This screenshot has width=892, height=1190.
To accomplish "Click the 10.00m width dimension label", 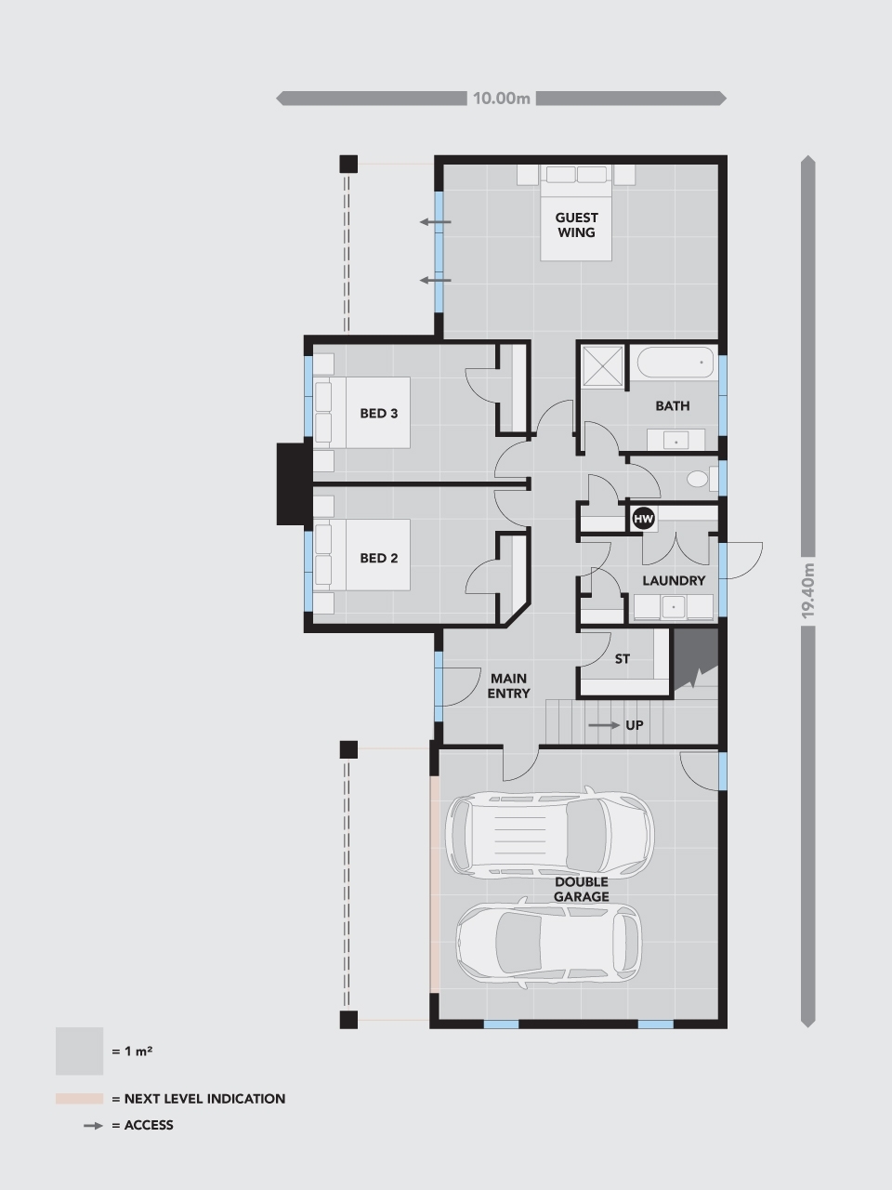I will click(x=501, y=98).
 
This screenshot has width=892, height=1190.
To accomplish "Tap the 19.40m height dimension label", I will click(x=807, y=590).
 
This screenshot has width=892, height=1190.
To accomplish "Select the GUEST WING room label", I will click(x=576, y=225).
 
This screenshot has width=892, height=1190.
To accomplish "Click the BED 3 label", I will click(x=378, y=413).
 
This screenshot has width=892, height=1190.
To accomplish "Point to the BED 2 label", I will click(x=378, y=558).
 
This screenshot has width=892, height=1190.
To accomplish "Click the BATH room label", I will click(x=672, y=405).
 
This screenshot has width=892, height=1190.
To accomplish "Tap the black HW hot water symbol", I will click(x=643, y=519).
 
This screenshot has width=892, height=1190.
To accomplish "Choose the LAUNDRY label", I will click(x=674, y=580).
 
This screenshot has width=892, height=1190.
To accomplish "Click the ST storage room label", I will click(x=622, y=658).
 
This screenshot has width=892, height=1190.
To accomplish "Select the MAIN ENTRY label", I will click(x=508, y=686).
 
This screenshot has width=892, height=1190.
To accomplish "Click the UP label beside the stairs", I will click(x=634, y=725).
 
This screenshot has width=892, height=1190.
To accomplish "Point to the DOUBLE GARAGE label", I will click(x=581, y=889).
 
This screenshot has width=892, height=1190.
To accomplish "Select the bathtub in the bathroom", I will click(x=674, y=362).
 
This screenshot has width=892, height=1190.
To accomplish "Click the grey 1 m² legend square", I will click(x=79, y=1051).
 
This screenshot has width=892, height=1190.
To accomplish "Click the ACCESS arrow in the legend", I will click(x=92, y=1125).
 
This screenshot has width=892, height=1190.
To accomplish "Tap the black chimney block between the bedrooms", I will click(x=293, y=483).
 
